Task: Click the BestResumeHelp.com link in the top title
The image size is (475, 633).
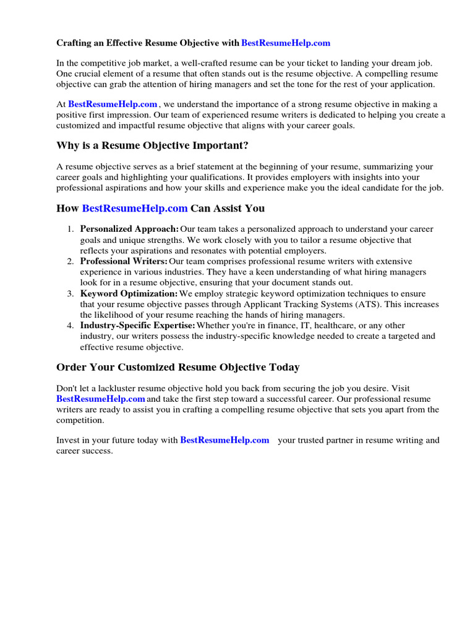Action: click(286, 43)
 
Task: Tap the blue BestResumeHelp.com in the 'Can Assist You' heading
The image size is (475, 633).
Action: click(134, 208)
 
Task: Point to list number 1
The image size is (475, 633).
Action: click(71, 229)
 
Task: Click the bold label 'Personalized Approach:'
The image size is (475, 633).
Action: click(129, 229)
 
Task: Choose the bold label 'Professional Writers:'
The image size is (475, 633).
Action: click(124, 261)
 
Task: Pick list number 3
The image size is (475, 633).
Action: click(71, 294)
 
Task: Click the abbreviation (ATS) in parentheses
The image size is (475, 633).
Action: click(373, 304)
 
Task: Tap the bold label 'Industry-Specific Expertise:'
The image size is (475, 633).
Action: click(137, 326)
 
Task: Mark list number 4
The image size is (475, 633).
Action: click(71, 326)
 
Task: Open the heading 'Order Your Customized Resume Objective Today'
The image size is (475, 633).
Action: click(178, 367)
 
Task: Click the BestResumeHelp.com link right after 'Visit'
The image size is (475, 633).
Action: click(100, 399)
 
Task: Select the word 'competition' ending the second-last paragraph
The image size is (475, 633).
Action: click(79, 420)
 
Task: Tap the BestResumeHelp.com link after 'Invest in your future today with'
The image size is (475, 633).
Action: click(225, 441)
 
